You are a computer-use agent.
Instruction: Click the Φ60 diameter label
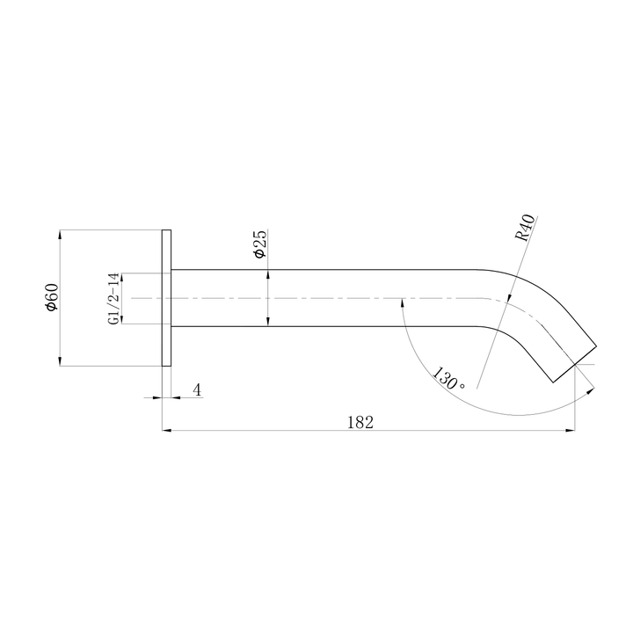coord(52,298)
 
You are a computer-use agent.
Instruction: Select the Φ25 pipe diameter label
coord(259,244)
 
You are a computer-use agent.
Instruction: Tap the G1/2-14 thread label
coord(113,299)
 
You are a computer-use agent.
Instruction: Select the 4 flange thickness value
coord(197,389)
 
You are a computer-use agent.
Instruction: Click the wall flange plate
coord(166,298)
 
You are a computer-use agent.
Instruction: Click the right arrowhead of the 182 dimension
coord(570,431)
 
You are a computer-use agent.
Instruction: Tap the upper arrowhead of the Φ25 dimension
coord(267,274)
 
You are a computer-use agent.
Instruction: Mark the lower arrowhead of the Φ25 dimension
coord(267,323)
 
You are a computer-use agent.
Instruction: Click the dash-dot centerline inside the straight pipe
coord(334,298)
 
